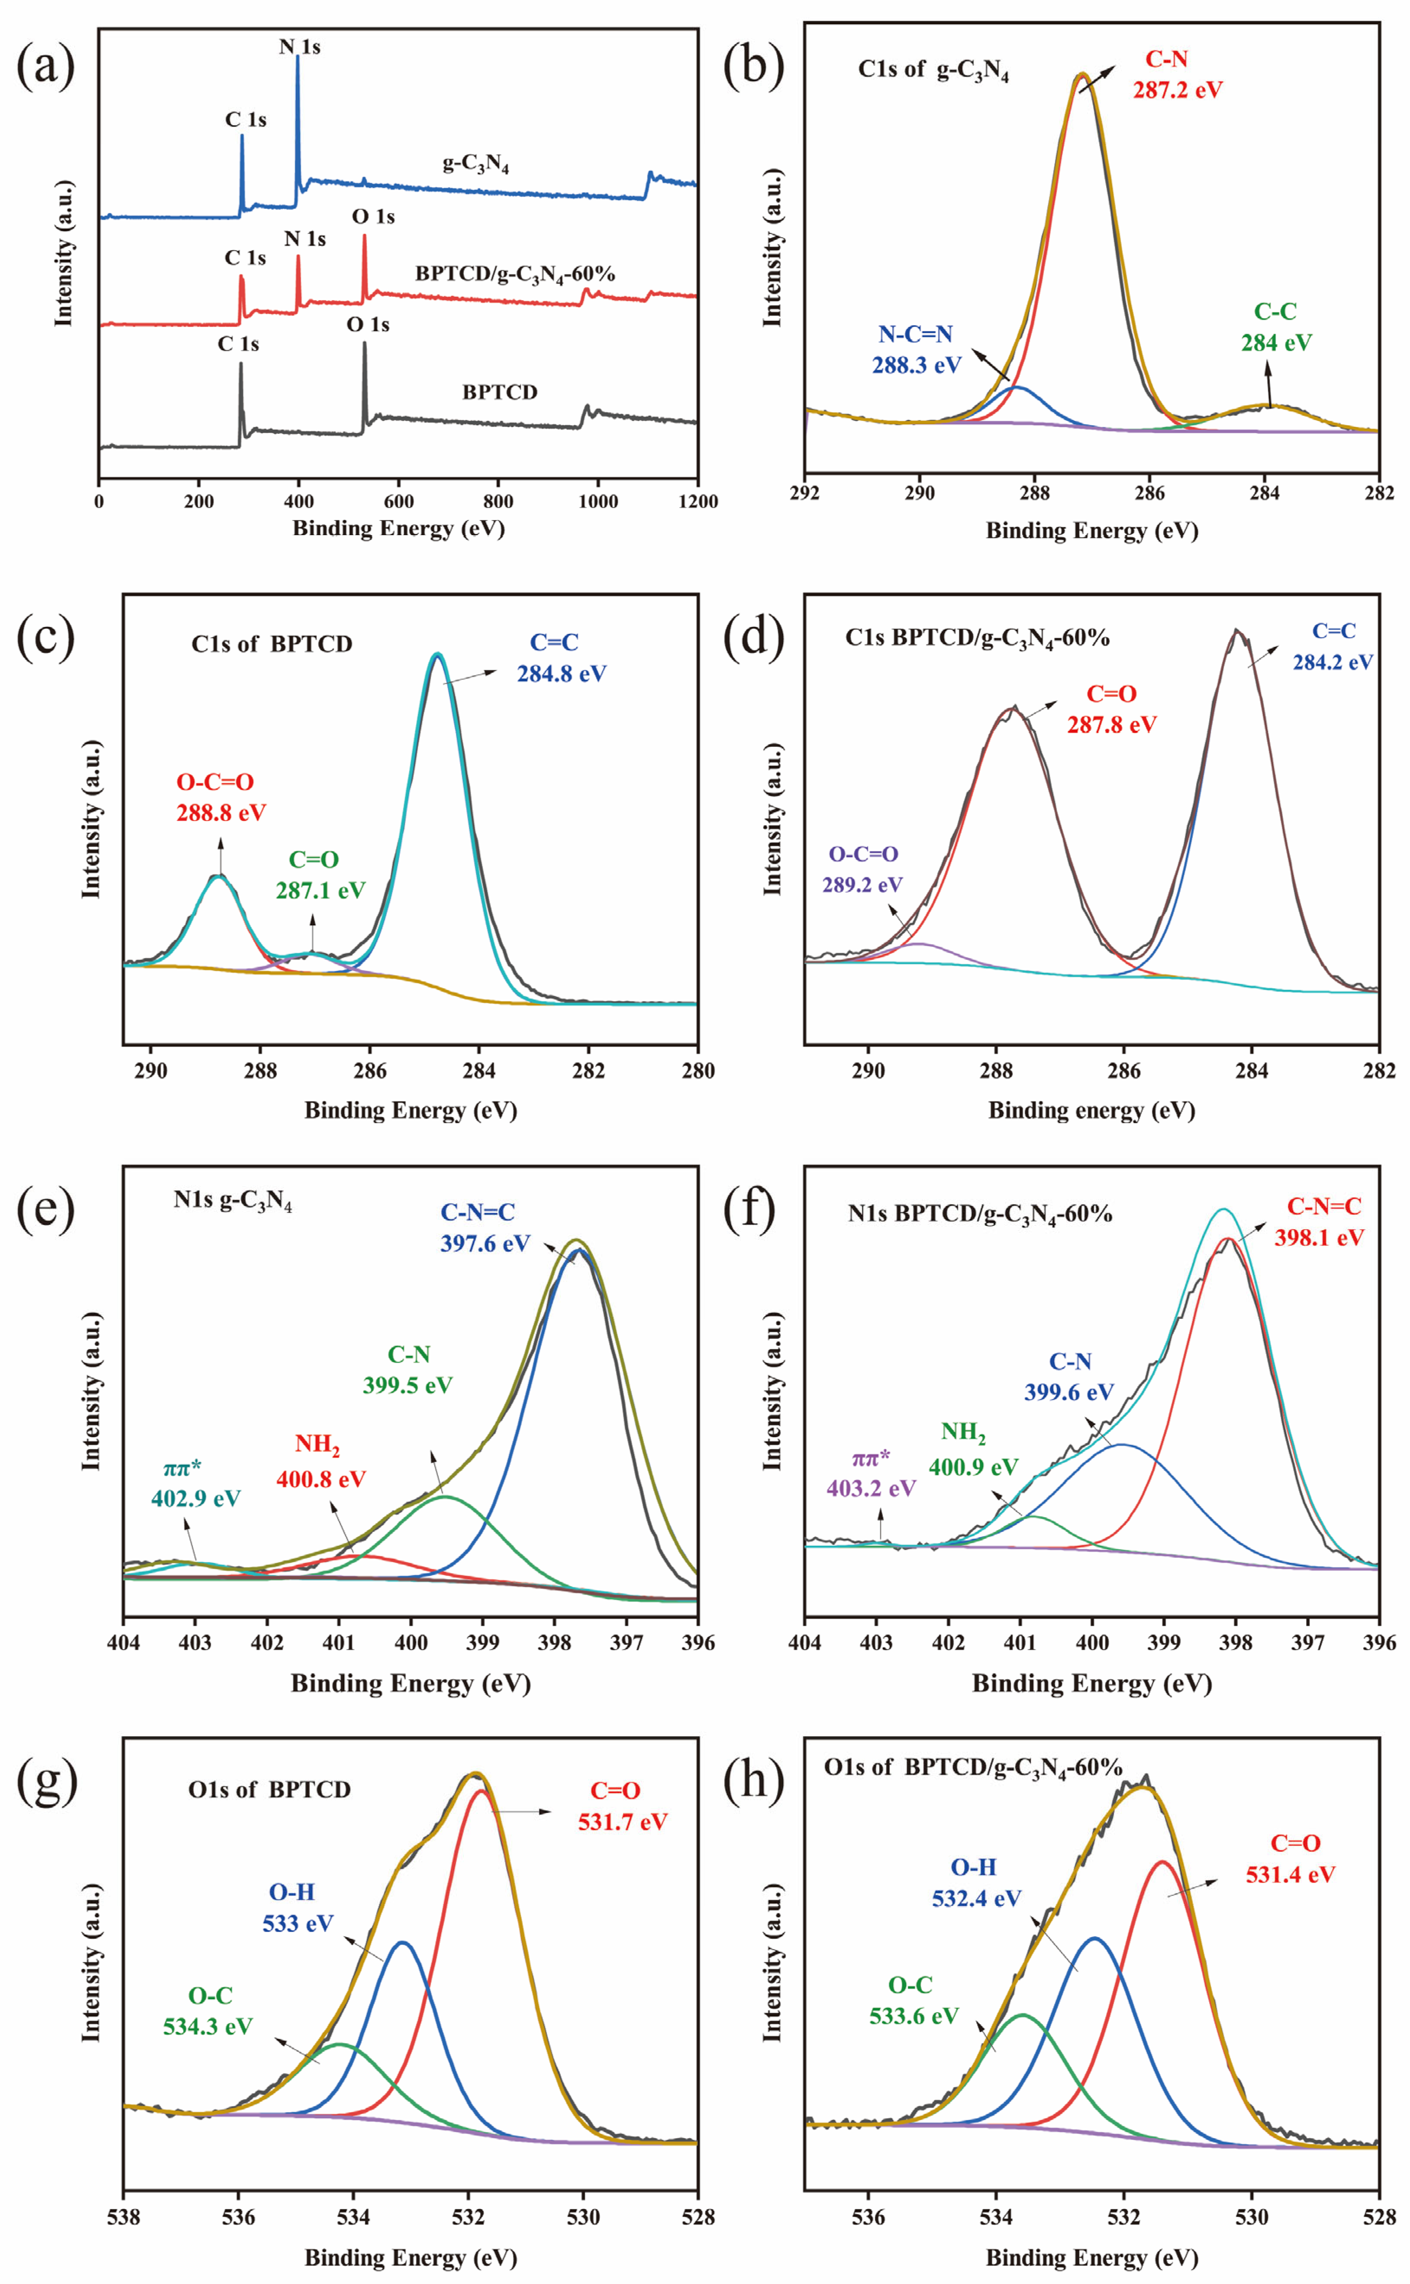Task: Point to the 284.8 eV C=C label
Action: point(561,673)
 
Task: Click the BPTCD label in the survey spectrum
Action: point(500,392)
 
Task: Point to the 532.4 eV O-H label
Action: point(975,1897)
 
